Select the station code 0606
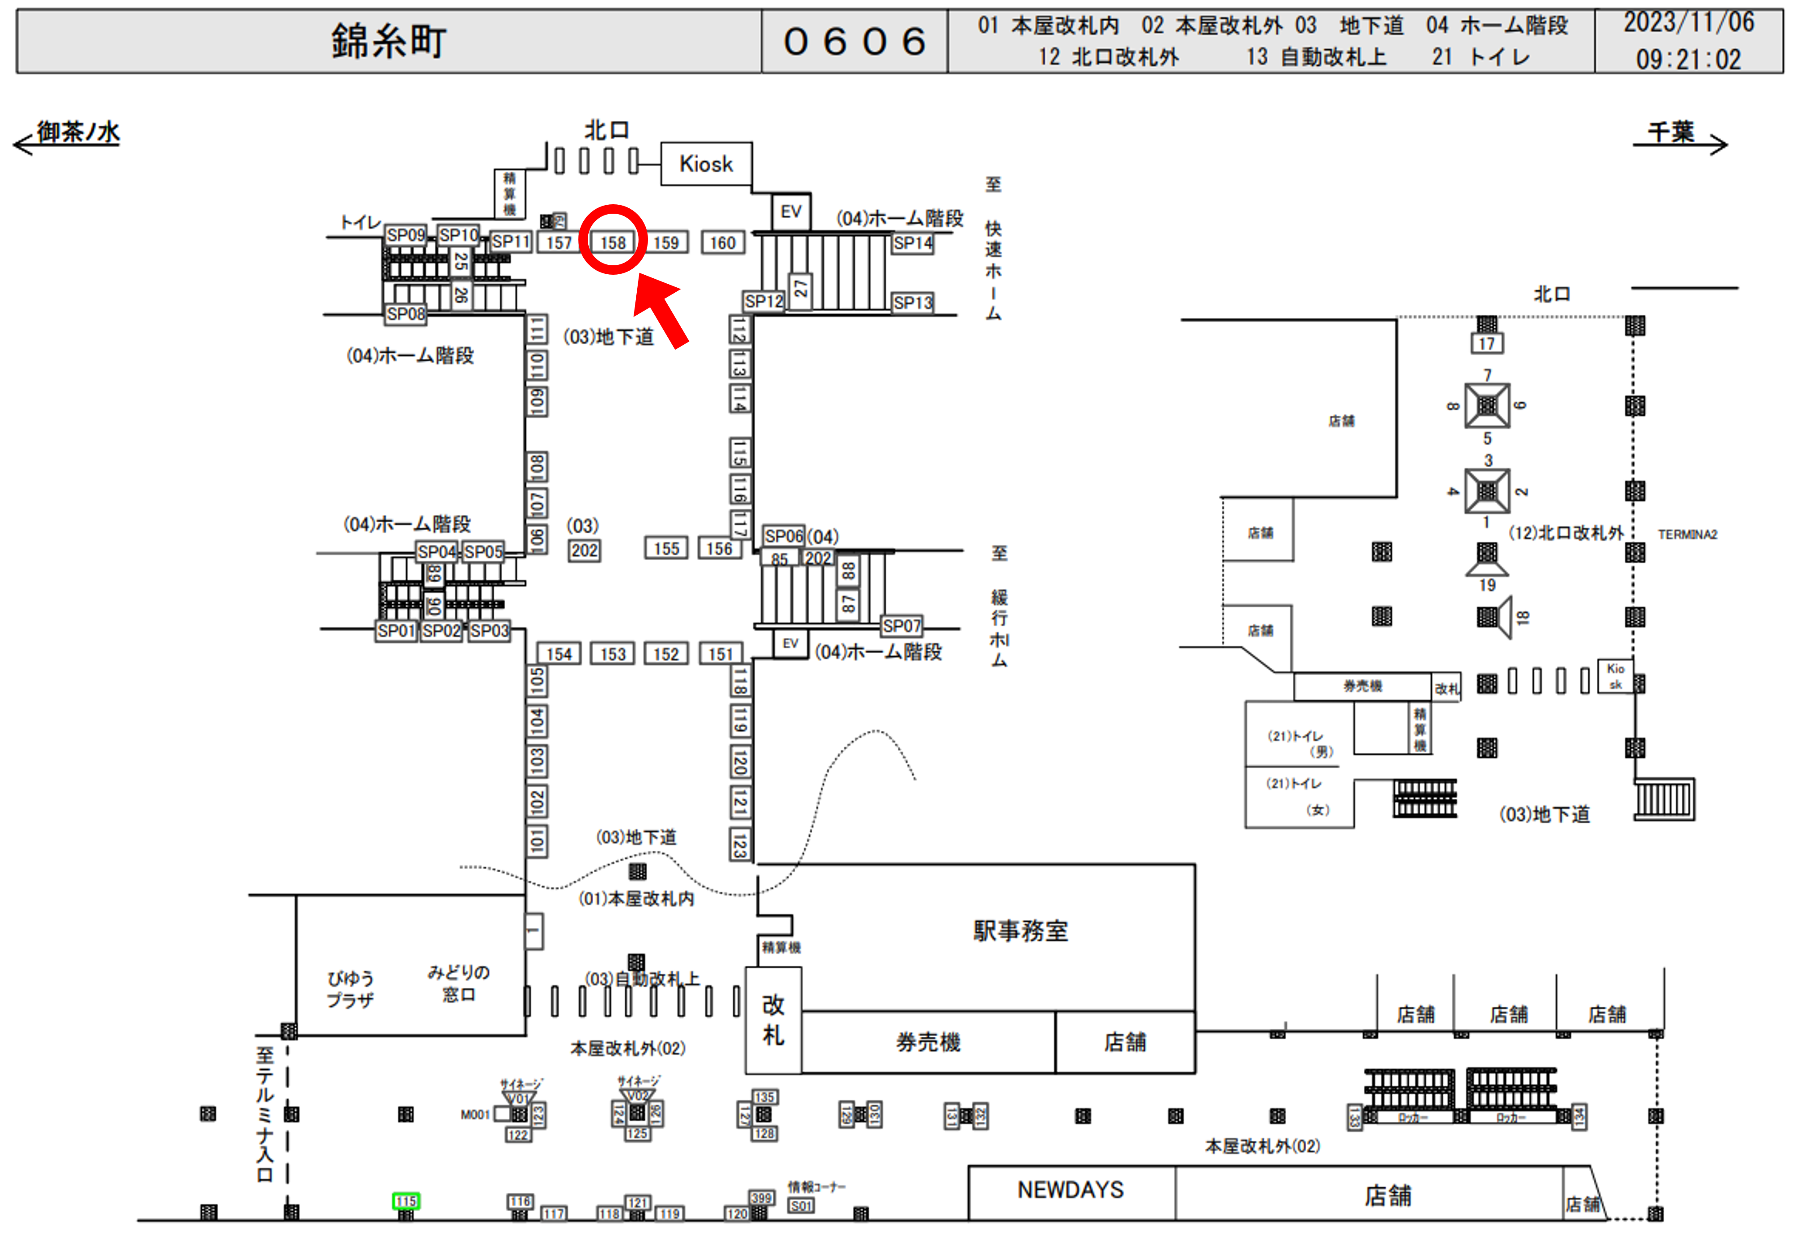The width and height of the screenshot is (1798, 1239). pyautogui.click(x=854, y=41)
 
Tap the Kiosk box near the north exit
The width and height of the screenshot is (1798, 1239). pyautogui.click(x=706, y=164)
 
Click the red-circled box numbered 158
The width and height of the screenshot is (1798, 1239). pyautogui.click(x=613, y=242)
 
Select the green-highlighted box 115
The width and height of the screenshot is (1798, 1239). pyautogui.click(x=405, y=1201)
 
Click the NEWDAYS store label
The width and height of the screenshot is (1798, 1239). pyautogui.click(x=1071, y=1190)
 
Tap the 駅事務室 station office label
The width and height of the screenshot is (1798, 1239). pyautogui.click(x=1020, y=931)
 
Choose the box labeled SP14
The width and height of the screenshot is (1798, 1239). pyautogui.click(x=912, y=243)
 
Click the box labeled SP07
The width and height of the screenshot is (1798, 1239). pyautogui.click(x=901, y=626)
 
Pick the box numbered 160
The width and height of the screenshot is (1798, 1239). pyautogui.click(x=722, y=243)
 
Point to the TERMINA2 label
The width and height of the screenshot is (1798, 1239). pyautogui.click(x=1687, y=534)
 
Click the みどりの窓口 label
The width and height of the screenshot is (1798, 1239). pyautogui.click(x=458, y=983)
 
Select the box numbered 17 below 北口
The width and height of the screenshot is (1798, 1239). pyautogui.click(x=1486, y=343)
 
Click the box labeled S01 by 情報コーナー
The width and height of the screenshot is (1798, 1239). pyautogui.click(x=801, y=1206)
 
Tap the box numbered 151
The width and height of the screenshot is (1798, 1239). pyautogui.click(x=720, y=654)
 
